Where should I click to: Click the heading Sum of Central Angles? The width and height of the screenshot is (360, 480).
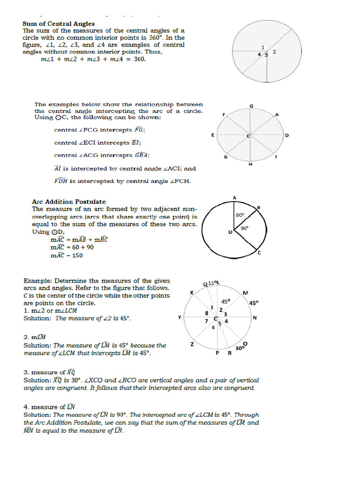pyautogui.click(x=59, y=23)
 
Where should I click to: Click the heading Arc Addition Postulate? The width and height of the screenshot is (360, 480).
pyautogui.click(x=68, y=202)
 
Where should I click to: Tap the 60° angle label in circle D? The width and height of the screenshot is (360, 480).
pyautogui.click(x=240, y=215)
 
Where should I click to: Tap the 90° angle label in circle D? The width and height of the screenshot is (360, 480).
pyautogui.click(x=244, y=228)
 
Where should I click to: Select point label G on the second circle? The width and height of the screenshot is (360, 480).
pyautogui.click(x=251, y=106)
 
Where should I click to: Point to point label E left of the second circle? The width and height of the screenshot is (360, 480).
pyautogui.click(x=213, y=135)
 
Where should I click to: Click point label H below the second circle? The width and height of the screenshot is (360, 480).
pyautogui.click(x=250, y=165)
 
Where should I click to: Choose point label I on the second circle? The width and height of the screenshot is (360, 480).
pyautogui.click(x=276, y=157)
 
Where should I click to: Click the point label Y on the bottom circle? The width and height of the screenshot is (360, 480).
pyautogui.click(x=179, y=317)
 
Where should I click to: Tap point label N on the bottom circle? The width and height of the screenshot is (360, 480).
pyautogui.click(x=255, y=318)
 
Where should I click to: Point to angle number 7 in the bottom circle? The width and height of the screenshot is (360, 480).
pyautogui.click(x=206, y=321)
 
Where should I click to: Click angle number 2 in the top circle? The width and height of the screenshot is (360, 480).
pyautogui.click(x=274, y=52)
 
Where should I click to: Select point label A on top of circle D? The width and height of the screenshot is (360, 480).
pyautogui.click(x=234, y=198)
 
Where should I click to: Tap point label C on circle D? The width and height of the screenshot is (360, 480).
pyautogui.click(x=259, y=253)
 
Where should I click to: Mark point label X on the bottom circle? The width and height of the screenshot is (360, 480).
pyautogui.click(x=191, y=292)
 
